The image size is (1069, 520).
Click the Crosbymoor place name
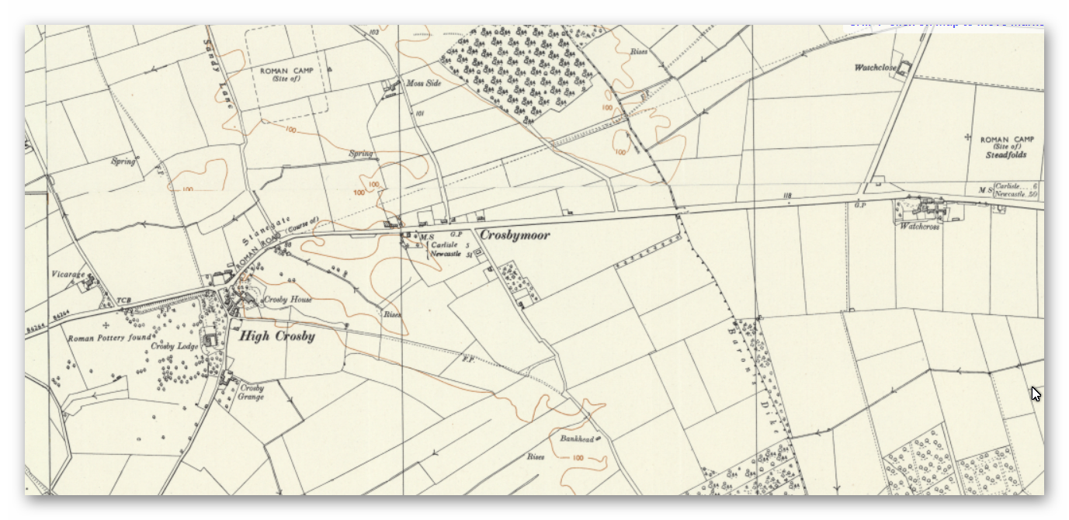[x=514, y=234]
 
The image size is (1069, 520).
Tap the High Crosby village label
[x=276, y=336]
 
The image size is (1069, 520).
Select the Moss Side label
[x=423, y=83]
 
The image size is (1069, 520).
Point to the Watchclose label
[x=875, y=68]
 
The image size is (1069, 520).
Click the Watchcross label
[x=919, y=227]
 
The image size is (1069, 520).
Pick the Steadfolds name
[x=1006, y=155]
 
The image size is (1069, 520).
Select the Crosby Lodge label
[x=175, y=346]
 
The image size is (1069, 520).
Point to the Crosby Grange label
[x=252, y=392]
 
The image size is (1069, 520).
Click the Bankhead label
[x=576, y=439]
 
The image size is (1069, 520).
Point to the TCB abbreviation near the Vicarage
[x=123, y=300]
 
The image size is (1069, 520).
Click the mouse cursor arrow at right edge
[x=1035, y=393]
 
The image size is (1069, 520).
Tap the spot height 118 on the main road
[x=787, y=196]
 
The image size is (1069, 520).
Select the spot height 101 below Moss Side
[x=420, y=114]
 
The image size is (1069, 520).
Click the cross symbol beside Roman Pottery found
[x=106, y=324]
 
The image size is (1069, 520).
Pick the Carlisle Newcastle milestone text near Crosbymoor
[x=446, y=249]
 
